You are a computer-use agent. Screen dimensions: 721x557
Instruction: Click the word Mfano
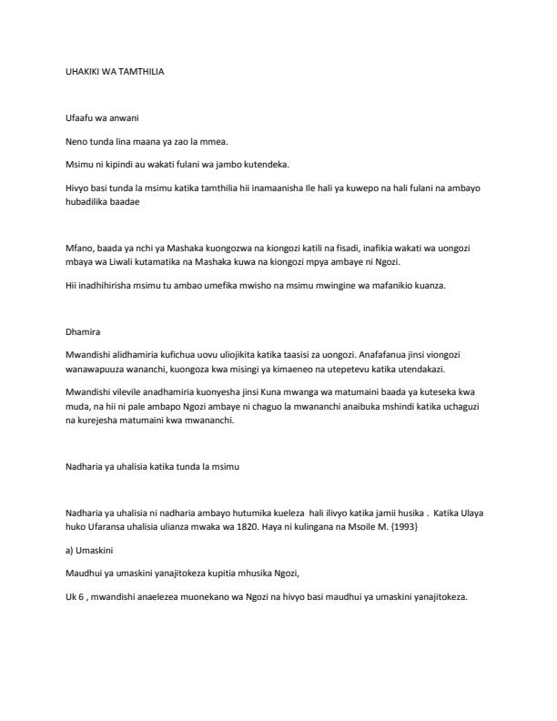(x=79, y=248)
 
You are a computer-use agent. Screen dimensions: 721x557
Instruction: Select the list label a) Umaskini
(x=93, y=551)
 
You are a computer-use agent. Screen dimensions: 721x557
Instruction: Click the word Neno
(x=77, y=143)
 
